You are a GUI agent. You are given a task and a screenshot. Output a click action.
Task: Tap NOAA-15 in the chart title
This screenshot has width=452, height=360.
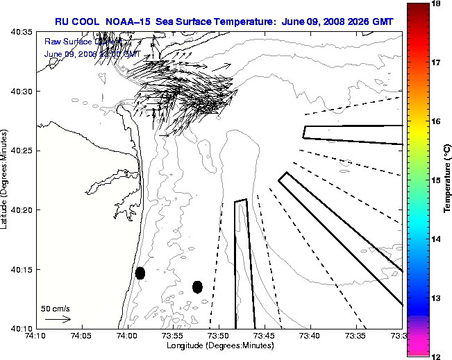[127, 22]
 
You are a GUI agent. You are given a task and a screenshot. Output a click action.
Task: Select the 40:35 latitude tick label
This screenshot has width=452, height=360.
[22, 33]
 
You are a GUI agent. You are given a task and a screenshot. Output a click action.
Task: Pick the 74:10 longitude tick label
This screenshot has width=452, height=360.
[35, 336]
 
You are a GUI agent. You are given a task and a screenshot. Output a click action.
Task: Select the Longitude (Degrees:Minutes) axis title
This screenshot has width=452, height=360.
[219, 345]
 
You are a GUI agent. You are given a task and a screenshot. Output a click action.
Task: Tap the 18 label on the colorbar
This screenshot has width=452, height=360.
[437, 4]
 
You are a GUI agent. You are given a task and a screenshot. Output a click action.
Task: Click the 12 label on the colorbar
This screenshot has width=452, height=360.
[437, 356]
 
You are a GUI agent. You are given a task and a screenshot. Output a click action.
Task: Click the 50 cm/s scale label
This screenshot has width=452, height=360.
[56, 309]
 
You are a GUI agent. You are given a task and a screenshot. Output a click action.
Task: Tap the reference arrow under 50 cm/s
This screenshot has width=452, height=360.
[58, 319]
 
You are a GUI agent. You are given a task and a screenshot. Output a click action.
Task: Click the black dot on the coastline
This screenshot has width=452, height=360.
[140, 273]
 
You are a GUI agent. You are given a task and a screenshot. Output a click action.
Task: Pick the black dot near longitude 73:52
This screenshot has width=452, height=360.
[197, 286]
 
